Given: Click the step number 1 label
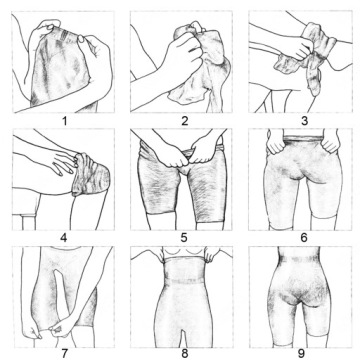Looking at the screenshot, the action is [x=64, y=121].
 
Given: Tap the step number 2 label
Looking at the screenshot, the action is [x=184, y=121].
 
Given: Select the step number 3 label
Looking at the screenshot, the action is [x=304, y=121].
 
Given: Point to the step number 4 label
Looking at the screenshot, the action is [x=64, y=238].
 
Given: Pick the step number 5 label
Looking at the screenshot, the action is [x=184, y=238].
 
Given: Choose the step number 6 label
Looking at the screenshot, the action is [x=303, y=238].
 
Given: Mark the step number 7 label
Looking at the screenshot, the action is [x=64, y=354].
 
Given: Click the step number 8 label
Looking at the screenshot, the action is [x=184, y=354].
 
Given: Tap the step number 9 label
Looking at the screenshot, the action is [x=301, y=354].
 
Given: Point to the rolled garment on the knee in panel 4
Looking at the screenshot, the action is [x=90, y=174].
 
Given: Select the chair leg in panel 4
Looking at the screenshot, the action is [x=28, y=222].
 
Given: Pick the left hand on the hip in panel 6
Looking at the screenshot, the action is [x=276, y=143].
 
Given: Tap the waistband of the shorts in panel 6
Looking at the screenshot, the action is [x=303, y=138].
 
